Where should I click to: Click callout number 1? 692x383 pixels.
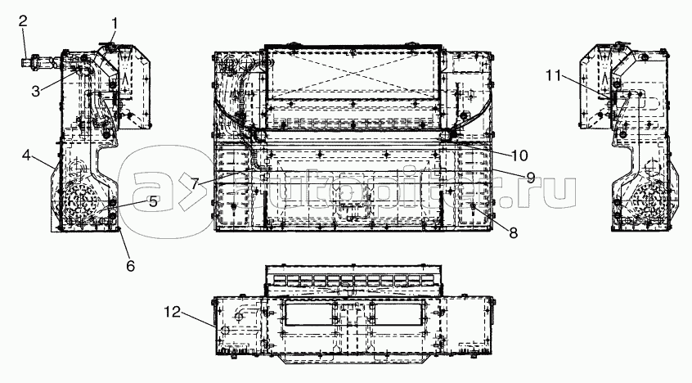pyautogui.click(x=115, y=24)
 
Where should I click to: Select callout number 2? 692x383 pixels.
pyautogui.click(x=23, y=20)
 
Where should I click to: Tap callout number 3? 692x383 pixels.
pyautogui.click(x=36, y=91)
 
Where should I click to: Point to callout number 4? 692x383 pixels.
pyautogui.click(x=27, y=155)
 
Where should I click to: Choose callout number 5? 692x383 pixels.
pyautogui.click(x=153, y=202)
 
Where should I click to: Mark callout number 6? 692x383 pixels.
pyautogui.click(x=130, y=266)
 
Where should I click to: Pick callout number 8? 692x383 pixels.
pyautogui.click(x=513, y=232)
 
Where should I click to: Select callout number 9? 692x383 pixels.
pyautogui.click(x=530, y=178)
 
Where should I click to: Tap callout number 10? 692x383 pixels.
pyautogui.click(x=519, y=155)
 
